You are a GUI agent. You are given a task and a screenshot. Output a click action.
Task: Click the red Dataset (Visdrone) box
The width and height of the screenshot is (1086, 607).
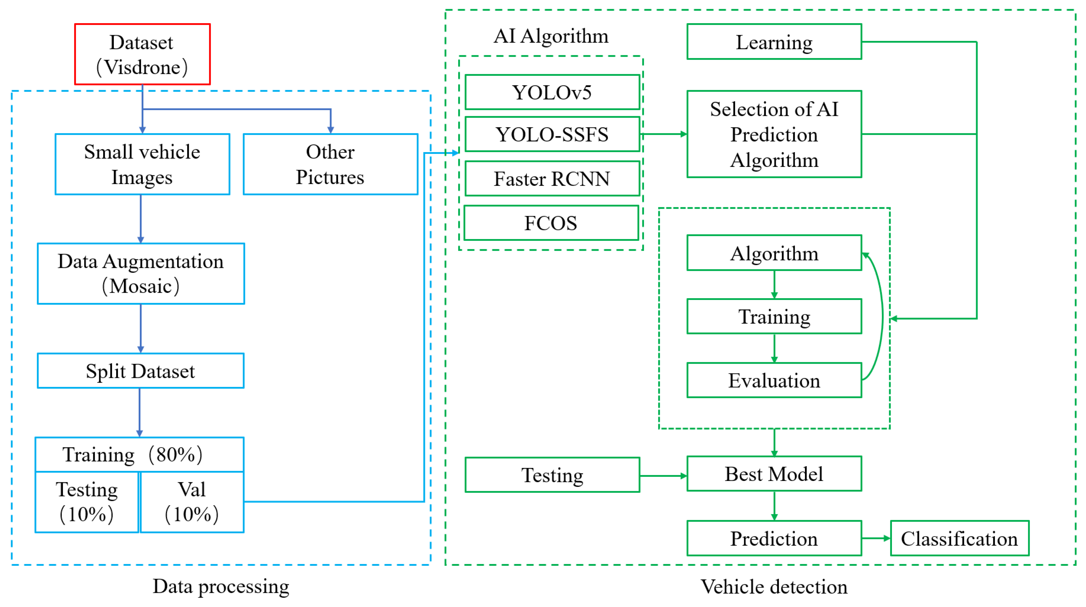tap(142, 54)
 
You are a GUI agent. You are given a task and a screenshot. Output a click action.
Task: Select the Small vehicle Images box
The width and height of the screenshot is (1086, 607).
tap(142, 164)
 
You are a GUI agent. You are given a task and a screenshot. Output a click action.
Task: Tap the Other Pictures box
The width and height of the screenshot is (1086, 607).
tap(330, 164)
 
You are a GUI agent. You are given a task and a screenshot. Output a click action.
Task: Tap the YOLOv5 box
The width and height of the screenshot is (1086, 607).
tap(552, 92)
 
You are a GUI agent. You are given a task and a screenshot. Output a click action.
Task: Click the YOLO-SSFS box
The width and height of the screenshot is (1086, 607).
tap(552, 134)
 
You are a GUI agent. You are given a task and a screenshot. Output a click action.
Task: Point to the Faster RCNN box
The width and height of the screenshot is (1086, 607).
tap(552, 178)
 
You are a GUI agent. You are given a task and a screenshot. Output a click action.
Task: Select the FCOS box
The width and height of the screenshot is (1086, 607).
tap(551, 223)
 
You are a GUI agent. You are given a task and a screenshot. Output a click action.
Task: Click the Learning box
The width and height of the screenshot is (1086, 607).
tap(774, 42)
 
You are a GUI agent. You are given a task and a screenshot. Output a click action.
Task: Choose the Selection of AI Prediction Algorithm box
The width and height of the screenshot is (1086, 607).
tap(774, 134)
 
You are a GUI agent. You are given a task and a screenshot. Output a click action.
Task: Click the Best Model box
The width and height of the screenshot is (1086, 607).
tap(774, 473)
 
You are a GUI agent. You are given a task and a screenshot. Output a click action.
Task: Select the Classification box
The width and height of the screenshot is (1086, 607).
tap(959, 538)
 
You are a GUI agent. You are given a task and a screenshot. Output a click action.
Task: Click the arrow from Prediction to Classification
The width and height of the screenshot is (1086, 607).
tap(876, 538)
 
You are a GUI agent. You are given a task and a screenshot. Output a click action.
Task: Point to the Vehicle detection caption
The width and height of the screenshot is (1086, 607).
tap(774, 586)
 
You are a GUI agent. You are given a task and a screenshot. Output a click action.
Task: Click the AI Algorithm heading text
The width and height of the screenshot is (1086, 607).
tap(551, 36)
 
